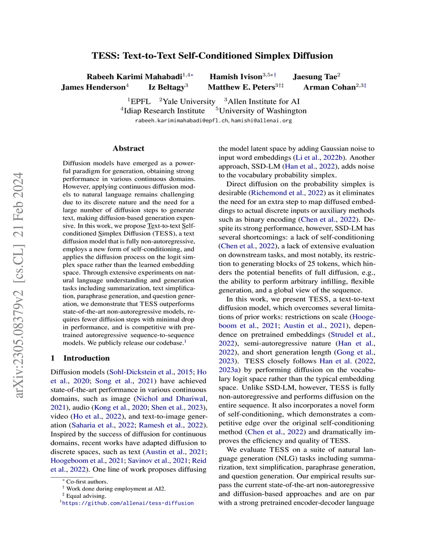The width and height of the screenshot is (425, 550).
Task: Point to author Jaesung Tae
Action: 312,76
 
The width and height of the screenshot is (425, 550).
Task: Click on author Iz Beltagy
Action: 166,87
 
